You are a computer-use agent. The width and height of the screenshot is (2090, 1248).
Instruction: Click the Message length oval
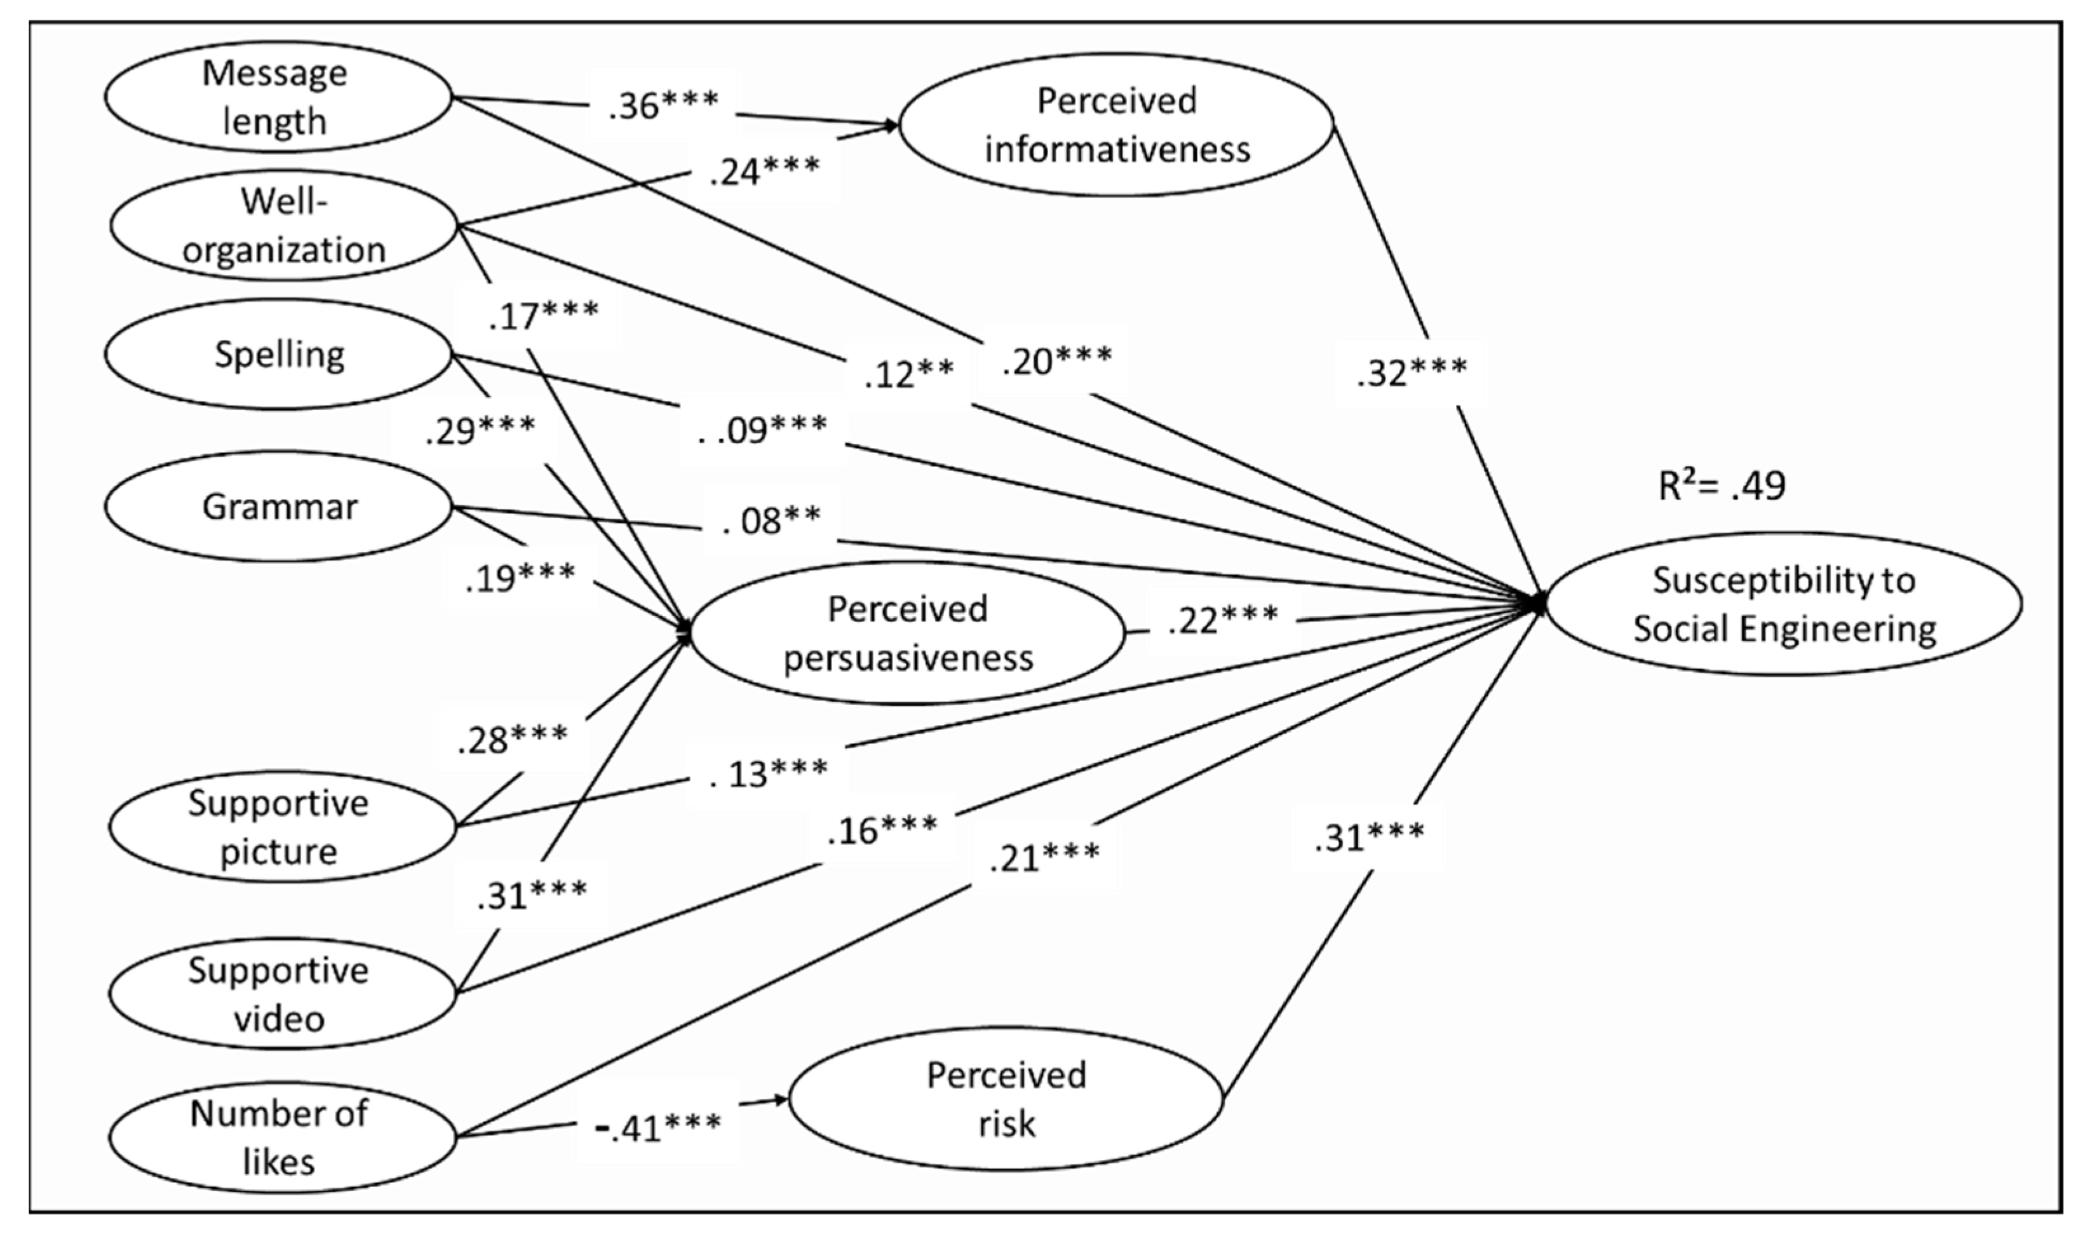point(278,97)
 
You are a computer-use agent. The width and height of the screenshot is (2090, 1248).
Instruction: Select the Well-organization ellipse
point(283,226)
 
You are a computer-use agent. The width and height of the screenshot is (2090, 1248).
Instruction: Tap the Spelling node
point(278,354)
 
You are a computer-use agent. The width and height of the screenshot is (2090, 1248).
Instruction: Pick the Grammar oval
point(278,506)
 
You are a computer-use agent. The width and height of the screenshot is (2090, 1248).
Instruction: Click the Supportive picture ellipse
point(278,827)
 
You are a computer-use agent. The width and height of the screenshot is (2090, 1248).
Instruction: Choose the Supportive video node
point(278,993)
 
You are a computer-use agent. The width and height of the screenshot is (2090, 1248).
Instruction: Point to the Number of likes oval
point(278,1137)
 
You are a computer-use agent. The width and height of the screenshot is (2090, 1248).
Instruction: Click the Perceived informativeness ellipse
point(1116,125)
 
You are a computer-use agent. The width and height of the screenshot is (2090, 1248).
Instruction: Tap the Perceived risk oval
point(1006,1098)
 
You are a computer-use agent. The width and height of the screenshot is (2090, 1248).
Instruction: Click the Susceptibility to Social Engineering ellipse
point(1784,604)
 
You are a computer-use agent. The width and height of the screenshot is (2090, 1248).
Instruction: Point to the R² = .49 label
point(1721,485)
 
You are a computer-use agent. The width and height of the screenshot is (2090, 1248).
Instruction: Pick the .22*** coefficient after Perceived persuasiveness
point(1222,620)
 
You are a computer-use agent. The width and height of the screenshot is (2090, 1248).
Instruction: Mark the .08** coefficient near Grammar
point(772,520)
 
